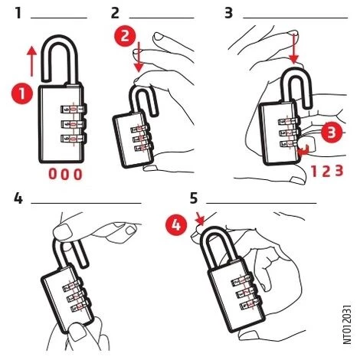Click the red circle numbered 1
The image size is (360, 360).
pyautogui.click(x=22, y=93)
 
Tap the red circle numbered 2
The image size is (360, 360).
pyautogui.click(x=125, y=36)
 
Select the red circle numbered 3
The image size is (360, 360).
pyautogui.click(x=332, y=133)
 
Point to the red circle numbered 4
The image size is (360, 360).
pyautogui.click(x=176, y=226)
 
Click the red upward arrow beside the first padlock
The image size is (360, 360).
pyautogui.click(x=32, y=61)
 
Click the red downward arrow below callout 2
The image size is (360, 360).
pyautogui.click(x=139, y=57)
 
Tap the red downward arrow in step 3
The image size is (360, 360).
pyautogui.click(x=294, y=47)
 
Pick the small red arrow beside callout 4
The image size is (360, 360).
pyautogui.click(x=200, y=220)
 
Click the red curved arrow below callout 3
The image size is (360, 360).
pyautogui.click(x=304, y=151)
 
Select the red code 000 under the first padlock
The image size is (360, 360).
pyautogui.click(x=65, y=174)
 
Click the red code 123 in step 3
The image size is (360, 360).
pyautogui.click(x=327, y=171)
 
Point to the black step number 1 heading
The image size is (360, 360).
pyautogui.click(x=18, y=13)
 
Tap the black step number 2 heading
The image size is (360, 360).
pyautogui.click(x=115, y=13)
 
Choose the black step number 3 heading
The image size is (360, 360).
pyautogui.click(x=228, y=13)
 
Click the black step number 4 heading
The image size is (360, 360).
pyautogui.click(x=18, y=198)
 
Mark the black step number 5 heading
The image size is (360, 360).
pyautogui.click(x=194, y=198)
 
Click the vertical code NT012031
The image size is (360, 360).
pyautogui.click(x=347, y=324)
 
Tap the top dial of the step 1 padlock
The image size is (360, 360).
pyautogui.click(x=74, y=110)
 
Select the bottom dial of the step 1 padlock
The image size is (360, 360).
pyautogui.click(x=74, y=139)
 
